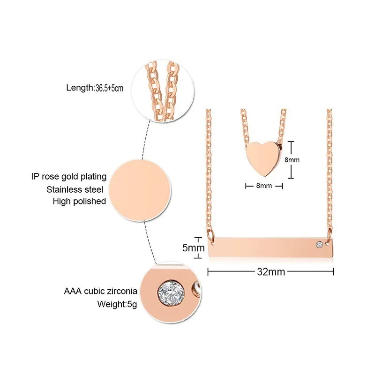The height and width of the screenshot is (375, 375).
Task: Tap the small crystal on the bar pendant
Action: tap(319, 244)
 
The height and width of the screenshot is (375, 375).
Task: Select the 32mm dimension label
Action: tap(270, 271)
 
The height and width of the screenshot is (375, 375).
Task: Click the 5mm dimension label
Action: tap(192, 247)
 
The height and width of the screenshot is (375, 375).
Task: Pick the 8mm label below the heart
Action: tap(264, 186)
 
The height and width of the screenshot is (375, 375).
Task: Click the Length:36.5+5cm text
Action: tap(94, 87)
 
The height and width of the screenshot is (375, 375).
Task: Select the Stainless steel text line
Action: tap(77, 189)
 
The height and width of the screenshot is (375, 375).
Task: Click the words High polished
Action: tap(79, 201)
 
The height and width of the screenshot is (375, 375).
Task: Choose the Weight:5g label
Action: tap(111, 303)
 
